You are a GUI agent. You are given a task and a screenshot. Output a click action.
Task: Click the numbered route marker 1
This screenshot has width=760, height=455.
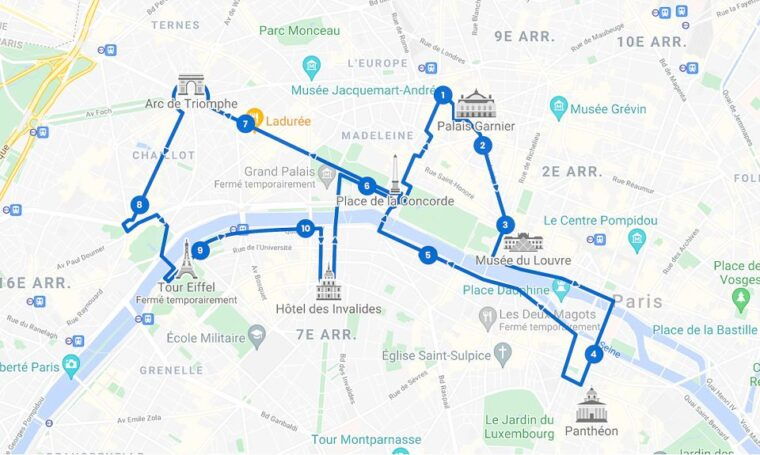(442, 95)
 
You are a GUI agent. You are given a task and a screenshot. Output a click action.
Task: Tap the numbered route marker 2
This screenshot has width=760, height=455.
(483, 145)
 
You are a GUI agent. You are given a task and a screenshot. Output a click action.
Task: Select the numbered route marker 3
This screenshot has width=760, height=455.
(506, 225)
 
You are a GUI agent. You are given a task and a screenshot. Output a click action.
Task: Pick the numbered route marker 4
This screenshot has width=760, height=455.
(594, 353)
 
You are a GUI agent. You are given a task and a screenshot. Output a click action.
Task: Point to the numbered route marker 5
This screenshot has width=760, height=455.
(428, 255)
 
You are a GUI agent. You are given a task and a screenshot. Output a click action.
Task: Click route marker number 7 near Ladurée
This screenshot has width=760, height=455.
(245, 124)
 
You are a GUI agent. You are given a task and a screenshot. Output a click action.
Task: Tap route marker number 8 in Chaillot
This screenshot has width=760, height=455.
(138, 205)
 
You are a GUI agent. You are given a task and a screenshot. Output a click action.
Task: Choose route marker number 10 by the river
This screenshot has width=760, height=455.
(305, 227)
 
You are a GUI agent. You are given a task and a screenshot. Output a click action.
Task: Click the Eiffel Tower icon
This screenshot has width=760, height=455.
(185, 260)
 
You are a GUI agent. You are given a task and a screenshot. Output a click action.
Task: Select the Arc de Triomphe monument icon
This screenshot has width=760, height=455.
(191, 85)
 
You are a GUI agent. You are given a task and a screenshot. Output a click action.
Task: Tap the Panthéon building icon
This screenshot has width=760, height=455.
(591, 405)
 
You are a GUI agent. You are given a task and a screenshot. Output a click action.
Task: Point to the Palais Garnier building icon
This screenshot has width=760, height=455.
(475, 104)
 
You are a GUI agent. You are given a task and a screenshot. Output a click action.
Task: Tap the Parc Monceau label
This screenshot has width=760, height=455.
(299, 30)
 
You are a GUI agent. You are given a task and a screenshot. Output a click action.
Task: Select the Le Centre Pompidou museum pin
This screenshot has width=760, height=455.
(638, 239)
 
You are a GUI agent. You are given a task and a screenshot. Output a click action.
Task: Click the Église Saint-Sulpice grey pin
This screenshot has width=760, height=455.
(502, 352)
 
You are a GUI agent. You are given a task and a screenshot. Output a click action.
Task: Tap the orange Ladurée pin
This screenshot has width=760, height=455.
(255, 118)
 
